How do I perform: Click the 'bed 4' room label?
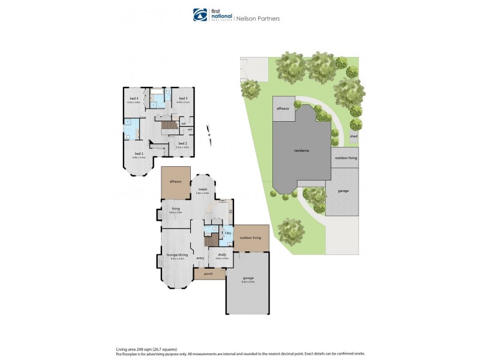coord(134,98)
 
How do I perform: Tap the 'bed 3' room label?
coord(183,98)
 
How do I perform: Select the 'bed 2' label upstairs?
coord(182,143)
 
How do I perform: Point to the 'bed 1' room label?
coord(139,154)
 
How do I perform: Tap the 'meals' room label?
coord(203,189)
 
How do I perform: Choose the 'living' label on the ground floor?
coord(175,208)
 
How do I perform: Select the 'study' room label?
coord(222,254)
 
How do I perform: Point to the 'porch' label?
coord(208,274)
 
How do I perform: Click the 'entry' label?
coord(200,258)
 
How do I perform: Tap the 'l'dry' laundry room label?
coord(227,232)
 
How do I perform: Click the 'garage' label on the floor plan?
coord(248,278)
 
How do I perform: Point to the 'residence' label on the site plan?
coord(301,150)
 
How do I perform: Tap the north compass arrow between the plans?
coord(208,131)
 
